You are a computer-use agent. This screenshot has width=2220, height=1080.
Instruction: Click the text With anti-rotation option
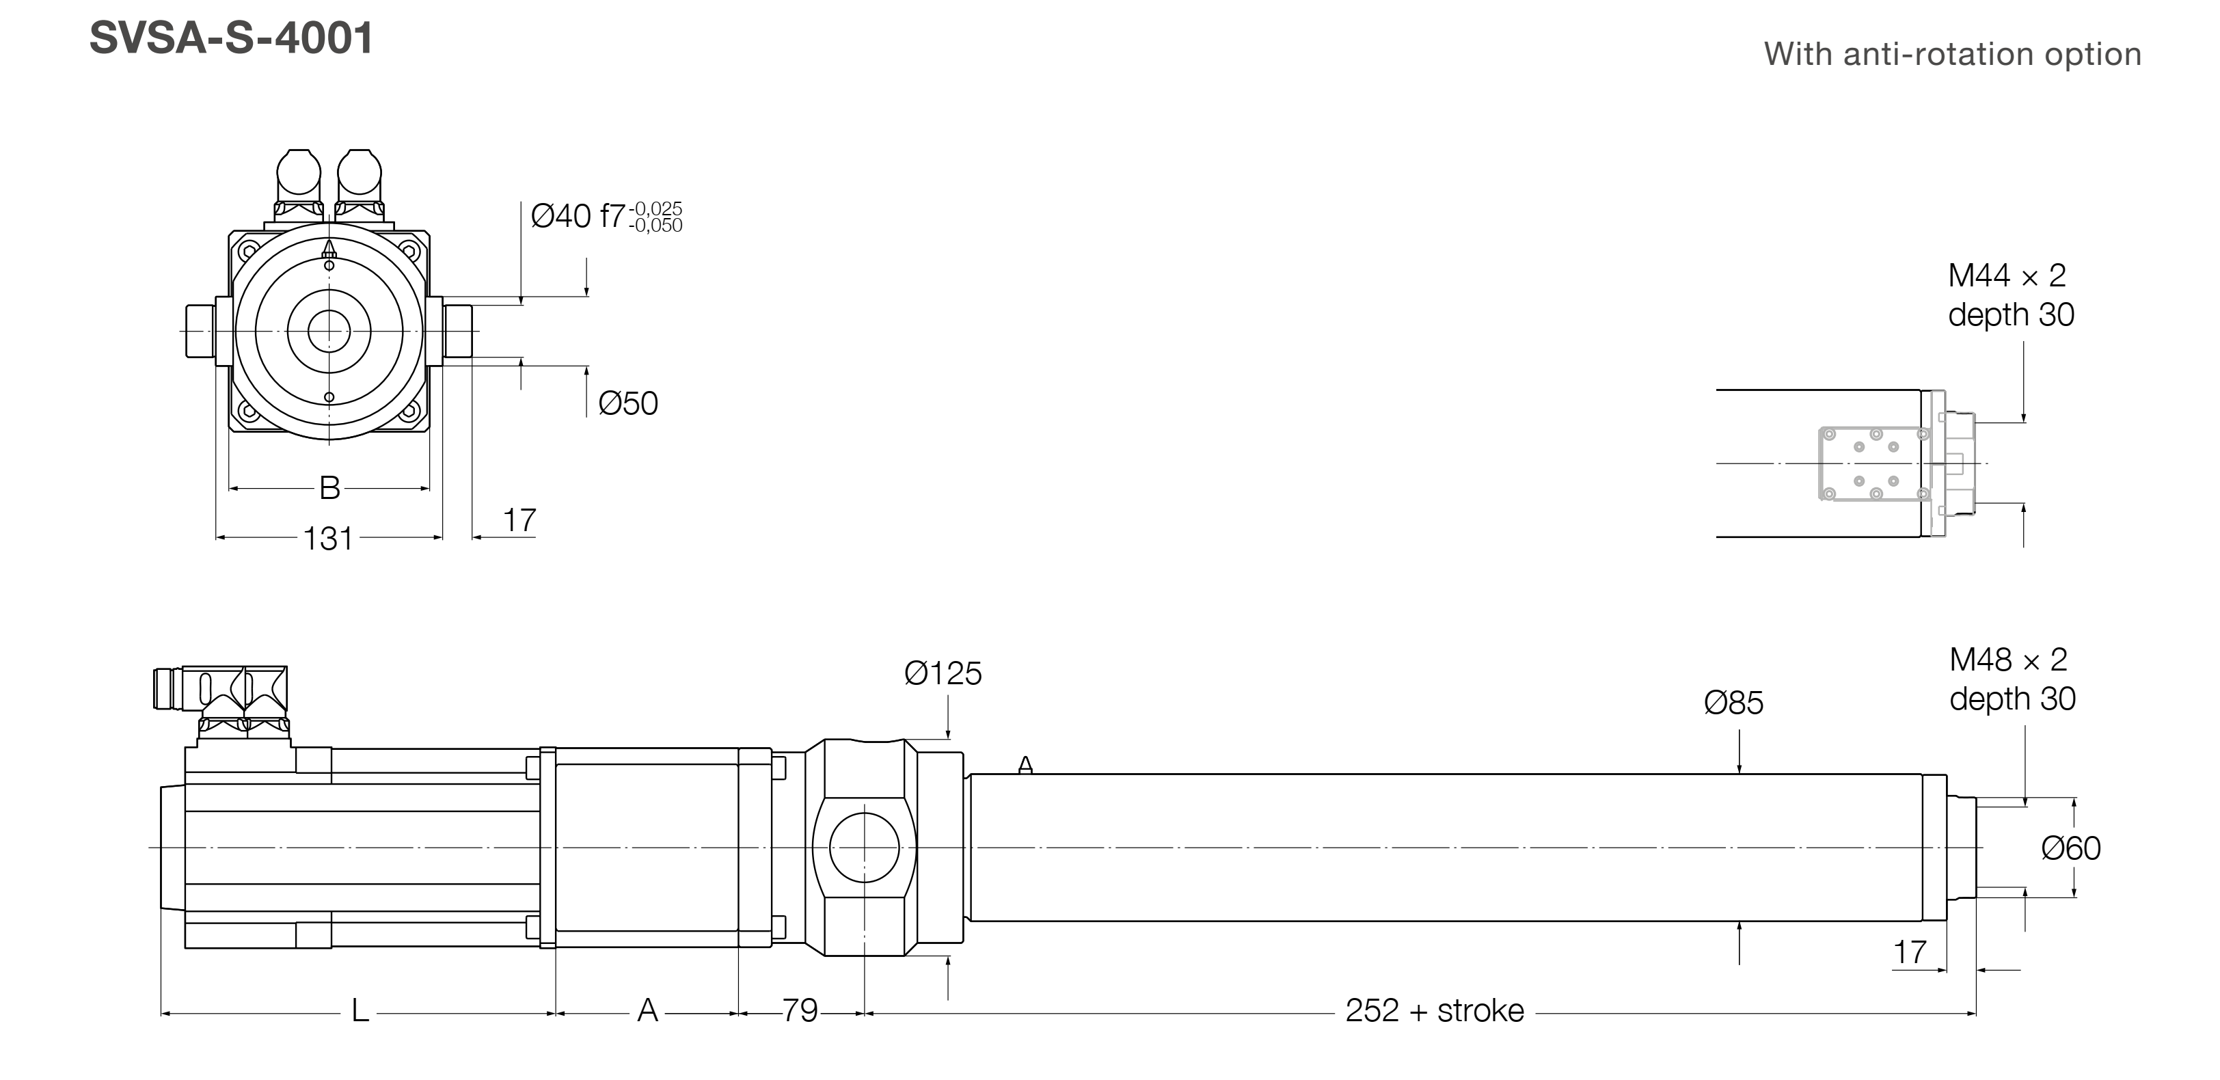1952,54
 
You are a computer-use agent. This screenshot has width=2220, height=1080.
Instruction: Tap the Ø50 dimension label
627,403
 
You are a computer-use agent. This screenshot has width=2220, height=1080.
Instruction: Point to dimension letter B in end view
329,488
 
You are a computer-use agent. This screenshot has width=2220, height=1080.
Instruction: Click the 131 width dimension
327,539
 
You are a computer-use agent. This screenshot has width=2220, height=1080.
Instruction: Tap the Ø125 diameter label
942,673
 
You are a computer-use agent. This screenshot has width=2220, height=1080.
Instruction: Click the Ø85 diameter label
1733,703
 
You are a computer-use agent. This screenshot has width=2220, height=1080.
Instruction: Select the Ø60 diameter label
2070,848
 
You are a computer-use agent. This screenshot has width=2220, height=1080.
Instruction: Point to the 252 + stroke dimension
1434,1010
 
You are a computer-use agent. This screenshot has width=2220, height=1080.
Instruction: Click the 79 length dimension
800,1010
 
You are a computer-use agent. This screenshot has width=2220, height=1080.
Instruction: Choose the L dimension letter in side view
360,1010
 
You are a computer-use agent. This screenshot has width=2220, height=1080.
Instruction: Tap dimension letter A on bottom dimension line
647,1010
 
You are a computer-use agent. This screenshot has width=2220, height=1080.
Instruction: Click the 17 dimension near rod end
1909,952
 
